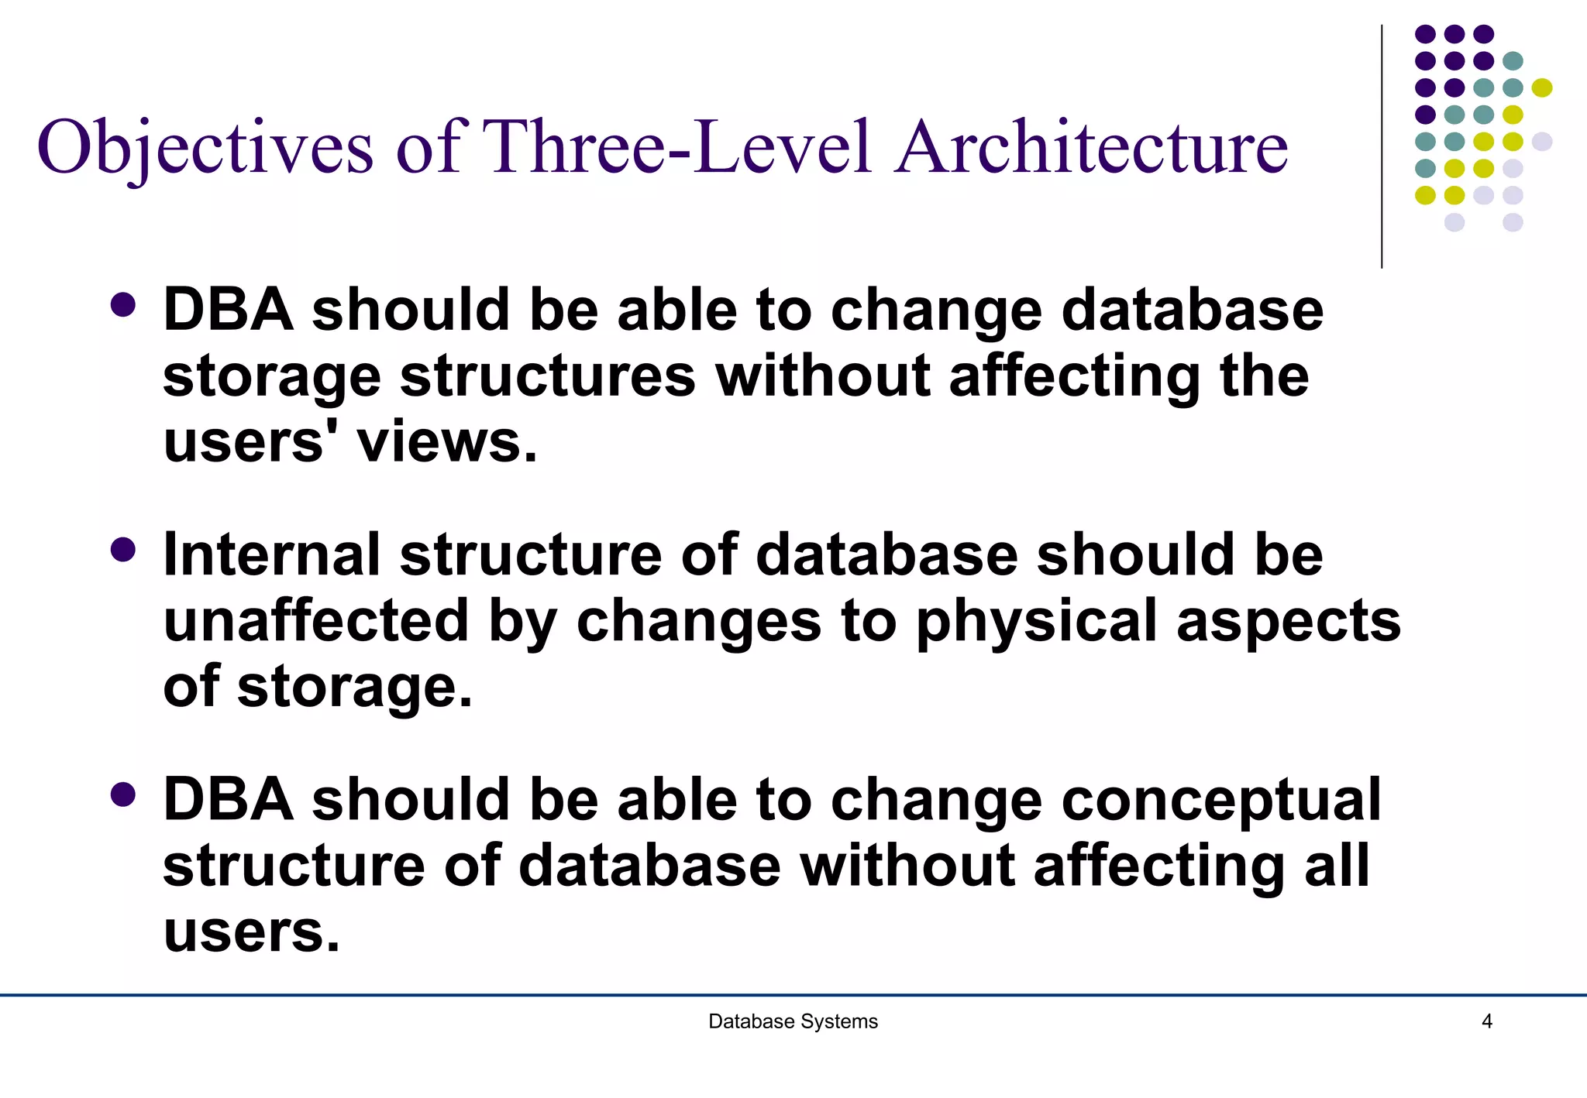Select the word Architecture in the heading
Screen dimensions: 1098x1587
pyautogui.click(x=1091, y=147)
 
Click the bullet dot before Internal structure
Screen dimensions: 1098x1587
pyautogui.click(x=123, y=550)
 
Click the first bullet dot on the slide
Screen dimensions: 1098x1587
pyautogui.click(x=123, y=304)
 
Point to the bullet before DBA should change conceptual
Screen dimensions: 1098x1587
pyautogui.click(x=123, y=794)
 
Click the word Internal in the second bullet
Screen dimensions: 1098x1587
pyautogui.click(x=271, y=555)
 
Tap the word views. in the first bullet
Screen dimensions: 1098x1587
pyautogui.click(x=446, y=443)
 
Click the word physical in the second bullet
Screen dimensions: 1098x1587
pyautogui.click(x=1037, y=621)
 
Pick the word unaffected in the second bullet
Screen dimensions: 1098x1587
pyautogui.click(x=316, y=621)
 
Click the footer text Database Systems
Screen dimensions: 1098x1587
pyautogui.click(x=793, y=1021)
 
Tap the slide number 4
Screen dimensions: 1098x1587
pyautogui.click(x=1486, y=1021)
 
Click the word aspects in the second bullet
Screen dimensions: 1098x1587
pyautogui.click(x=1288, y=621)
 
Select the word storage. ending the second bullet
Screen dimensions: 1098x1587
pyautogui.click(x=354, y=688)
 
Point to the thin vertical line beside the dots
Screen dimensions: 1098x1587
pyautogui.click(x=1382, y=147)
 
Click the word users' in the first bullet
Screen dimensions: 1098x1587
pyautogui.click(x=243, y=443)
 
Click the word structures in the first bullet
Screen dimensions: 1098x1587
pyautogui.click(x=548, y=377)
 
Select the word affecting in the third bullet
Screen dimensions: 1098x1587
pyautogui.click(x=1159, y=866)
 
